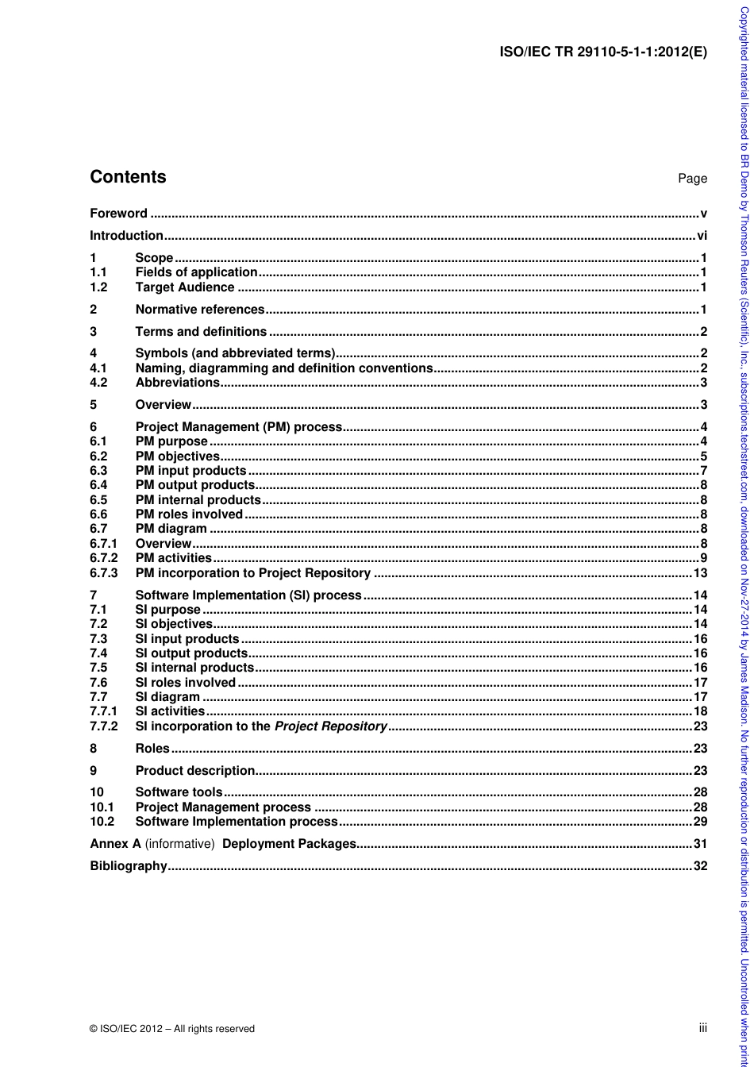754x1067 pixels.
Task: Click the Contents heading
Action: click(128, 177)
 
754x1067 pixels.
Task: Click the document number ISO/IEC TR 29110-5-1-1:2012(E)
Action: click(602, 53)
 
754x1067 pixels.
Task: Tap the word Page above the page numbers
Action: click(692, 179)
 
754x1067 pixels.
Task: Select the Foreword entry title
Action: click(118, 214)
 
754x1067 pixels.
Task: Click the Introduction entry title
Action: click(126, 236)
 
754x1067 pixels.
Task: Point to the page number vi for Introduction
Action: click(702, 236)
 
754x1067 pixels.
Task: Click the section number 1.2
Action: click(98, 287)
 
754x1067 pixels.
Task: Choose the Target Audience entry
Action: click(185, 287)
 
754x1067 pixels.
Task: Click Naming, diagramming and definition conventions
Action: click(283, 368)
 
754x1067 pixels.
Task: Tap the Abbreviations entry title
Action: click(177, 383)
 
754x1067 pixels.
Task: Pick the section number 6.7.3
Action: click(103, 573)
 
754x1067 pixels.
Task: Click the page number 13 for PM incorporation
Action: click(700, 573)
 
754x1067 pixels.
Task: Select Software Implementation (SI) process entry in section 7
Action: click(248, 595)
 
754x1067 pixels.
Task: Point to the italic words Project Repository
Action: click(330, 726)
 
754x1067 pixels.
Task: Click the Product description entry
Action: click(195, 771)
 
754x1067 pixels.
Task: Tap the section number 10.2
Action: click(102, 822)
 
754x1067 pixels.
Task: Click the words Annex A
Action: click(115, 844)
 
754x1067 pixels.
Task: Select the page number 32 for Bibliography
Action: click(700, 866)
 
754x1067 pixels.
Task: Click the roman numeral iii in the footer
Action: click(702, 1028)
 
